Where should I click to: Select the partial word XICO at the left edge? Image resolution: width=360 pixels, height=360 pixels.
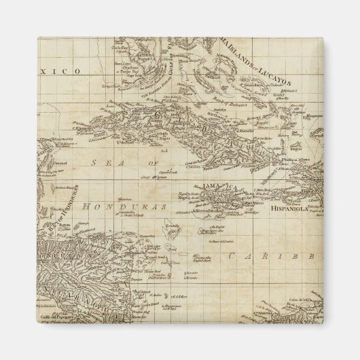[67, 71]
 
